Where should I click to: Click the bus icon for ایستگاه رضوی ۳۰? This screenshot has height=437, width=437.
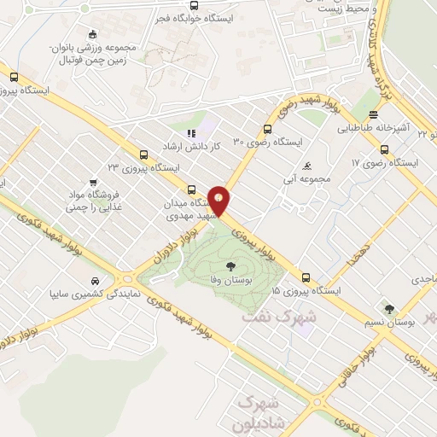pyautogui.click(x=268, y=130)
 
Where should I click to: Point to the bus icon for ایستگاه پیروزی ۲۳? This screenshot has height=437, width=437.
pyautogui.click(x=143, y=154)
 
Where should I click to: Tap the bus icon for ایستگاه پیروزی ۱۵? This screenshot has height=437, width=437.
pyautogui.click(x=306, y=277)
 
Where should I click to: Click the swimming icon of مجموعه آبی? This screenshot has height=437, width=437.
pyautogui.click(x=306, y=165)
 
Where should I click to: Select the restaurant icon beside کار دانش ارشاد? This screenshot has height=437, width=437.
pyautogui.click(x=191, y=133)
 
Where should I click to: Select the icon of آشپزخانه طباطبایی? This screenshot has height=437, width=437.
pyautogui.click(x=372, y=114)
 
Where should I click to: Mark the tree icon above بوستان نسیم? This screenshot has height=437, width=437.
pyautogui.click(x=390, y=309)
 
